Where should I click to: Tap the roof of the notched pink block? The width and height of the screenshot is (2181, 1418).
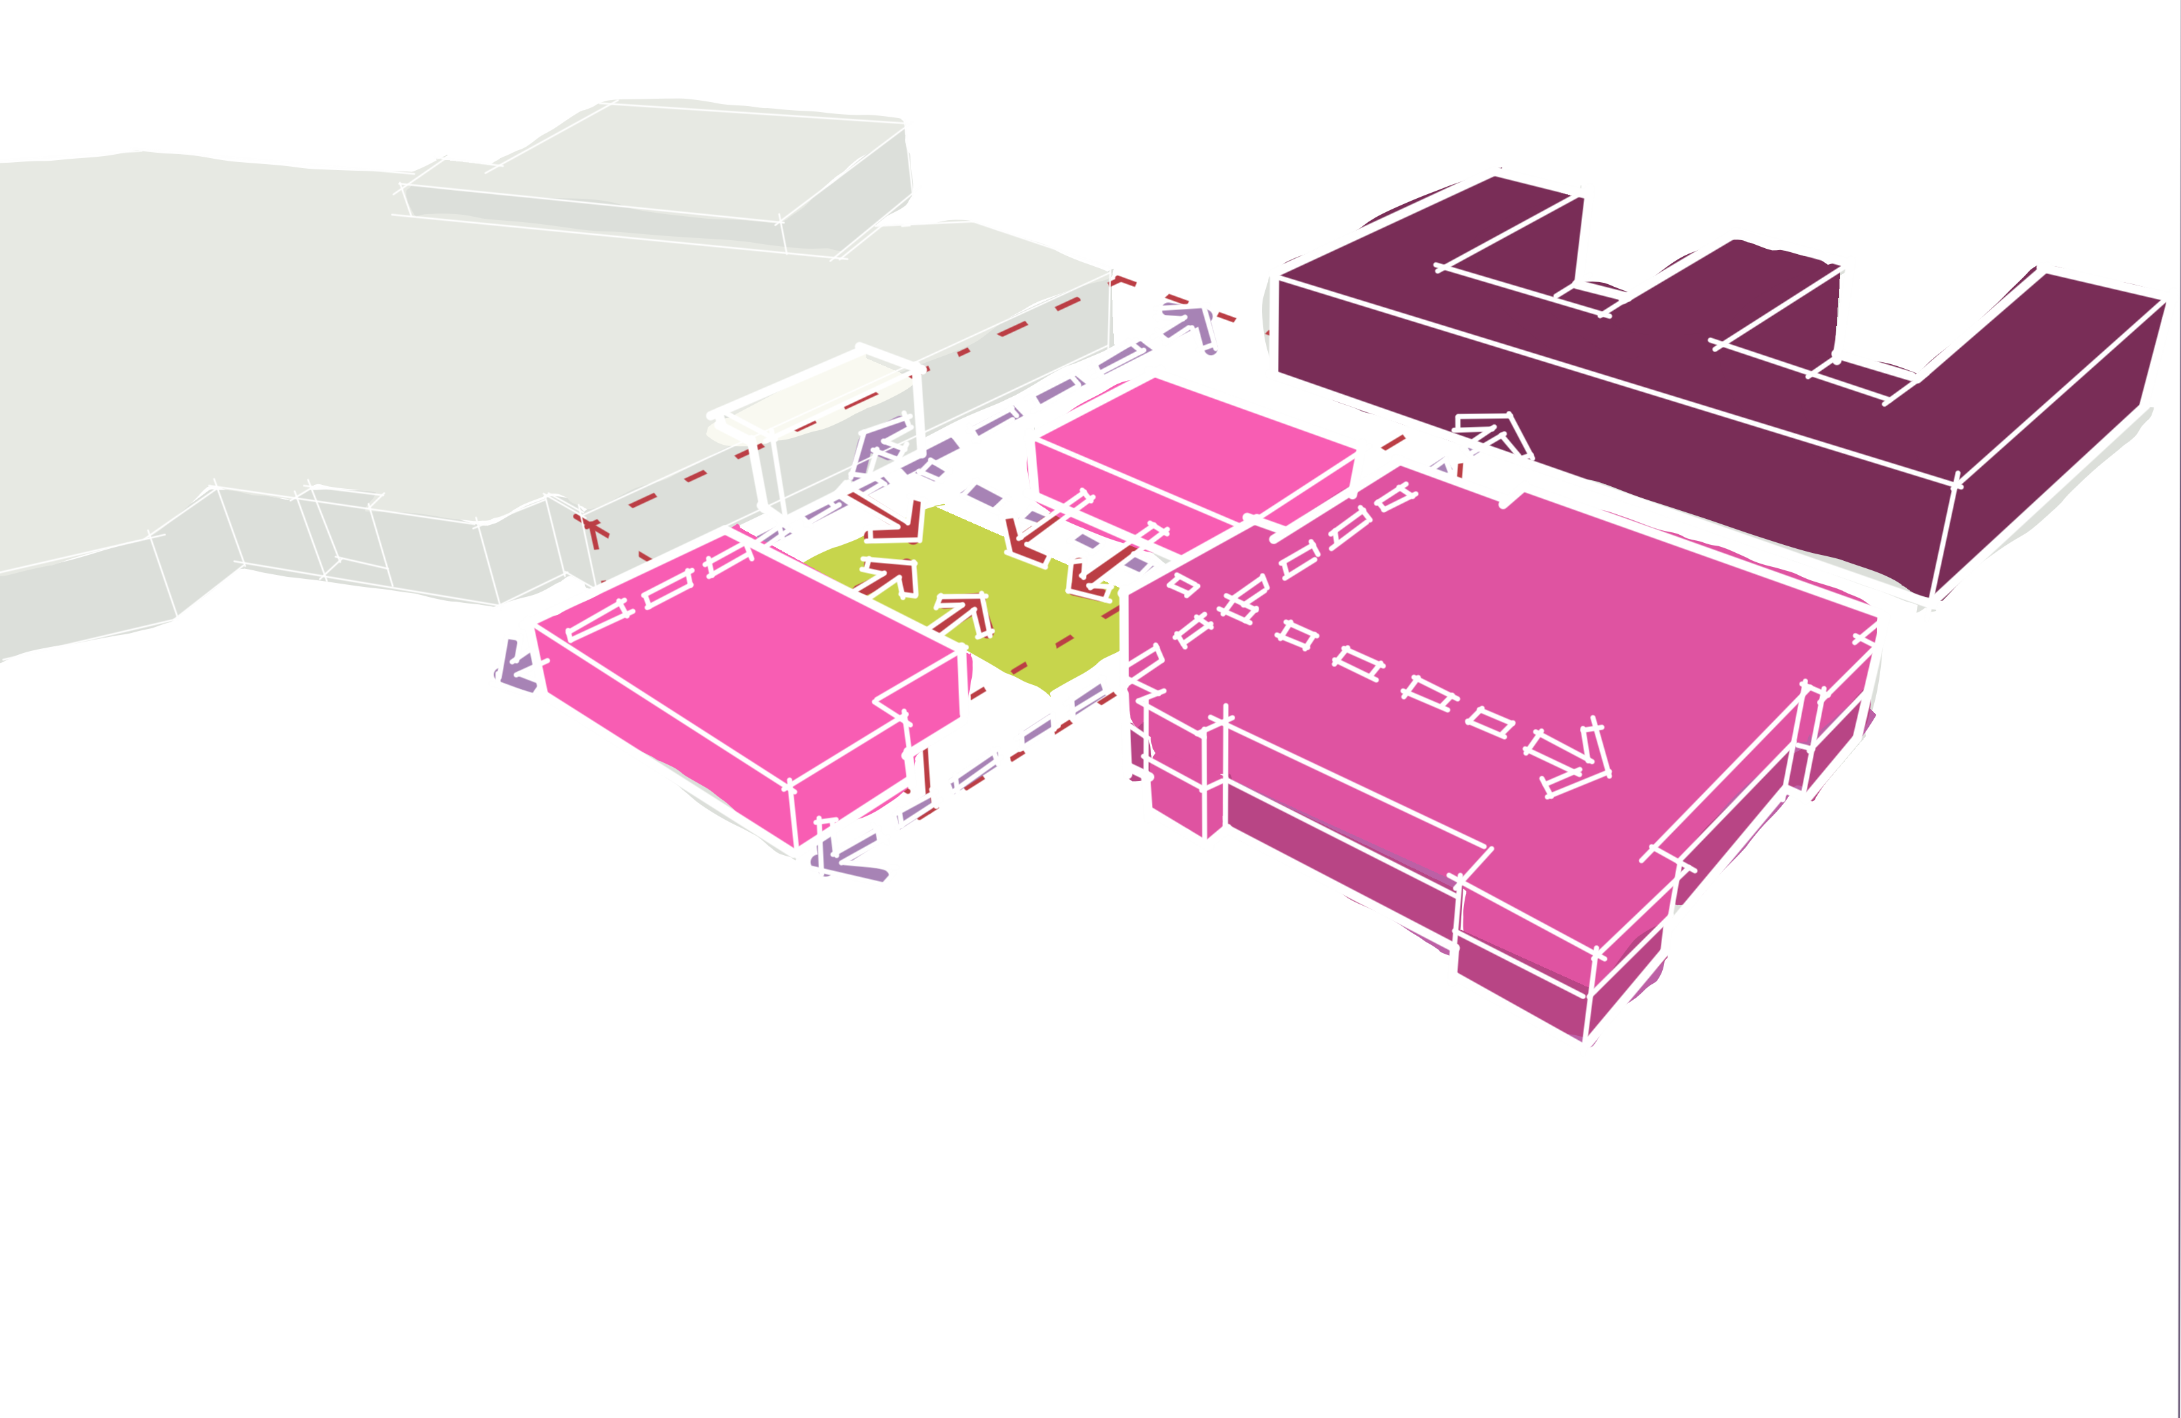[733, 642]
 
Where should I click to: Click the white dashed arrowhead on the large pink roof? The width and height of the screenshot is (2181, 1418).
[1576, 756]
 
